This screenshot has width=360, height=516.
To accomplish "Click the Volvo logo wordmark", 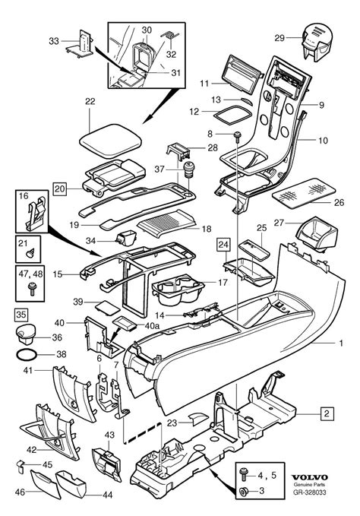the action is (310, 477).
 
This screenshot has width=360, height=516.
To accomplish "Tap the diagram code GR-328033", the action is (310, 492).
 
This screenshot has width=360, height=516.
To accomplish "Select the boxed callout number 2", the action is (327, 413).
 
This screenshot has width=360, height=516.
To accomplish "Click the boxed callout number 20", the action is (60, 189).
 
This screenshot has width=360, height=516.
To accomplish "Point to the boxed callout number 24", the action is (223, 245).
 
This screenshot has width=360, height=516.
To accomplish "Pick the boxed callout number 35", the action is (21, 315).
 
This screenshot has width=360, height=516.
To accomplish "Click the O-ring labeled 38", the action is (27, 355).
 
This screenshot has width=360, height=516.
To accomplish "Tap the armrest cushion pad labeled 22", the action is (110, 141).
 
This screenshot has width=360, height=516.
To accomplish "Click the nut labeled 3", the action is (244, 492).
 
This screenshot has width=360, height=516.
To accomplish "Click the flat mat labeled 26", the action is (304, 194).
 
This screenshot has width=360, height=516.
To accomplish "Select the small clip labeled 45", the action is (21, 466).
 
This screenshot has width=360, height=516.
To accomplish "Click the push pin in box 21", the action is (30, 253).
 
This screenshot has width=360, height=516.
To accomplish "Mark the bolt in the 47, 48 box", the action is (32, 289).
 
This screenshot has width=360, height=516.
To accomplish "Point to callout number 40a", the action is (152, 325).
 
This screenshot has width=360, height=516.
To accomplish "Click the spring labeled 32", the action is (170, 36).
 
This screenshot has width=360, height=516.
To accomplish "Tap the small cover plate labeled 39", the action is (107, 306).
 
